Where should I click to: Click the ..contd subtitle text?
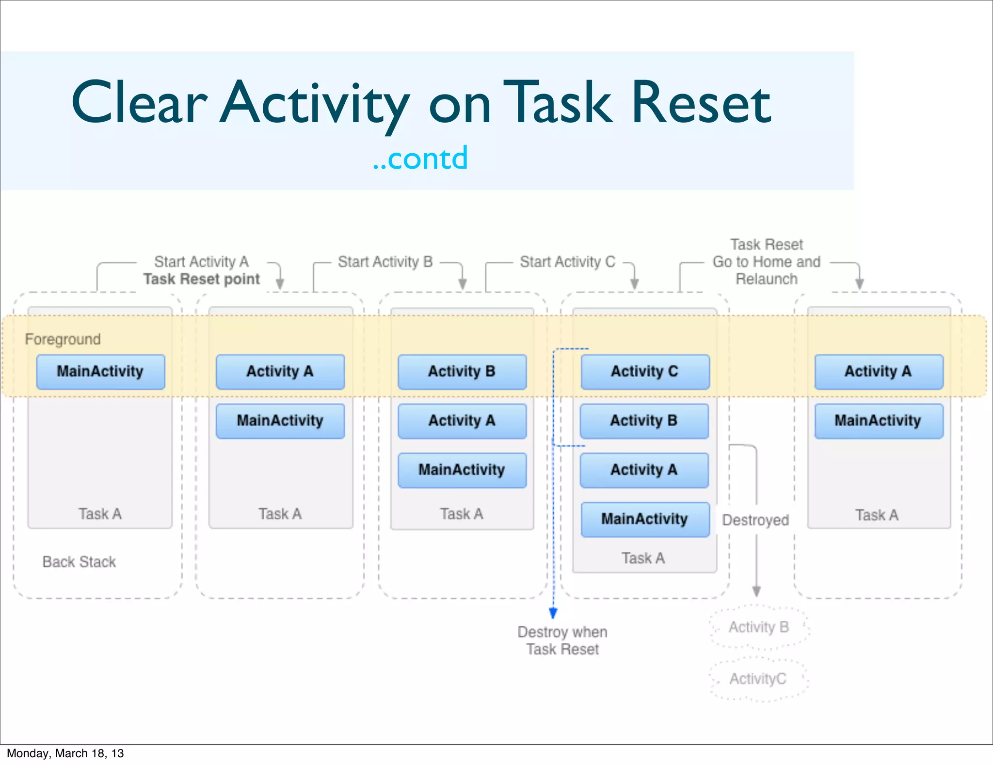(420, 158)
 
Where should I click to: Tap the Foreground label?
(63, 339)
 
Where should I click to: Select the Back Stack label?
(79, 561)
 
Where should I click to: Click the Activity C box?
(644, 371)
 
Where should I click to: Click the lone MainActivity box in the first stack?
(100, 371)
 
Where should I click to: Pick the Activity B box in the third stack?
(462, 371)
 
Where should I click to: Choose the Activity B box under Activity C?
(644, 420)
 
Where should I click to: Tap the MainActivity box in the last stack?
(878, 420)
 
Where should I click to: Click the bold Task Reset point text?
(202, 279)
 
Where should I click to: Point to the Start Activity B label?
(385, 262)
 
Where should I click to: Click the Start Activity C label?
(567, 262)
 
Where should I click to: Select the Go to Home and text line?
(766, 262)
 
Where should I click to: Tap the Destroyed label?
(755, 520)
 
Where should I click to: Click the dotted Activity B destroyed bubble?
(758, 627)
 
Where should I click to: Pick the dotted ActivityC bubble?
(758, 679)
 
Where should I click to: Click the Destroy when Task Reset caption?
(562, 640)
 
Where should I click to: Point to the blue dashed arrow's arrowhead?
(553, 614)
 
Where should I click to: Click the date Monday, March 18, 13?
(65, 753)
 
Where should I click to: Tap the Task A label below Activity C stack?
(643, 558)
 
